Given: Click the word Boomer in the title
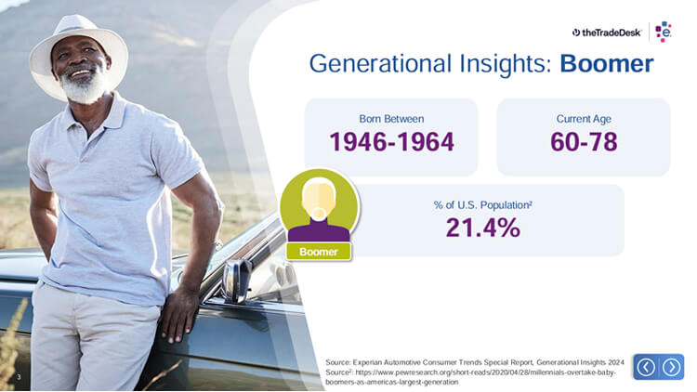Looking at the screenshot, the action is pos(606,63).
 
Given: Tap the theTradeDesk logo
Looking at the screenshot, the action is pos(607,33).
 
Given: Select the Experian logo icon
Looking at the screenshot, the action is pos(664,32).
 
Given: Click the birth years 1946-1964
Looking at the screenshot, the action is pos(391,142).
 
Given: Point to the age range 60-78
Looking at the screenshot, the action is pos(584,142).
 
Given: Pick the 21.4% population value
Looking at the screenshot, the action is pos(482,228).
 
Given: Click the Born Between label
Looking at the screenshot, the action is pos(391,119).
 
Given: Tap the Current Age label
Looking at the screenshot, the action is pos(584,119).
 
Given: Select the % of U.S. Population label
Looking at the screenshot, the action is pos(482,205).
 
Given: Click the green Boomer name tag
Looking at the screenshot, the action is pos(319,252).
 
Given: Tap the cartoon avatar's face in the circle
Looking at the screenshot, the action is pos(319,199).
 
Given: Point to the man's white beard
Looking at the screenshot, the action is pos(83,85).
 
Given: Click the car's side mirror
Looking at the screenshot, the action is pos(236,281).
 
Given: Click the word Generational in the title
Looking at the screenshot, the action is pos(380,63).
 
